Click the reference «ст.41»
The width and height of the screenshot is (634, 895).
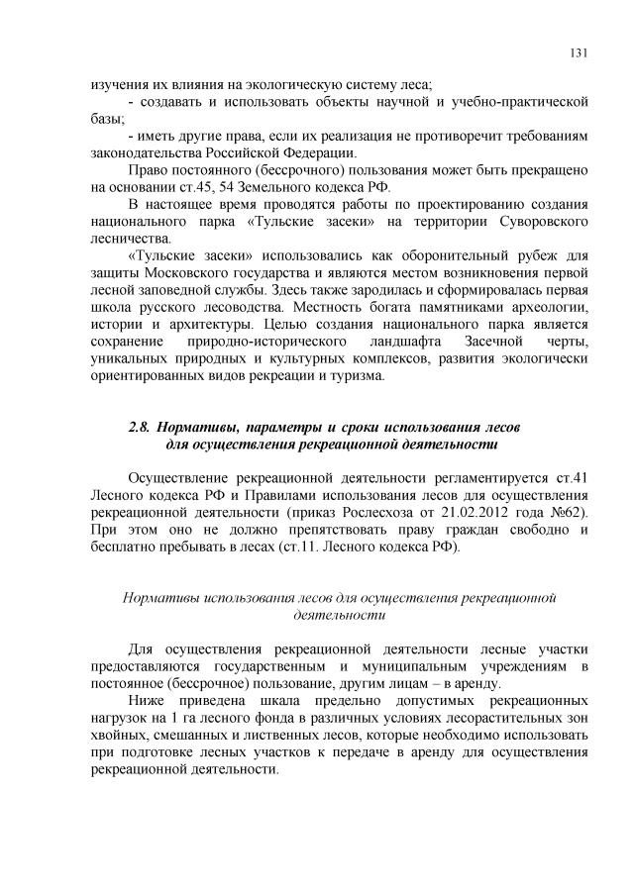pos(574,478)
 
